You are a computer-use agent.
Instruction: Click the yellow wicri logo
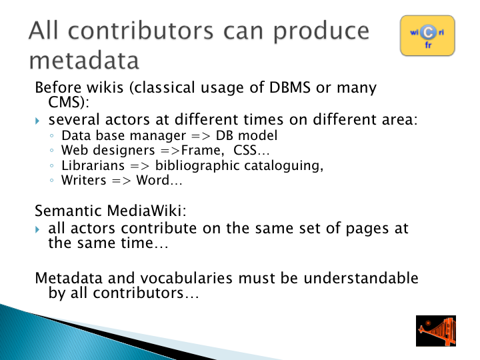click(x=427, y=35)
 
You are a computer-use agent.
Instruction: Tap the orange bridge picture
click(x=436, y=331)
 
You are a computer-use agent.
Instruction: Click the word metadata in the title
click(x=84, y=60)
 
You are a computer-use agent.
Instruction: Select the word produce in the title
click(x=321, y=32)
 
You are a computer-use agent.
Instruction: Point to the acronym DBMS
click(x=290, y=87)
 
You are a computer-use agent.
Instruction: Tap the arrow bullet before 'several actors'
click(x=37, y=121)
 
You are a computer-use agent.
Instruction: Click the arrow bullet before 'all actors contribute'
click(x=37, y=229)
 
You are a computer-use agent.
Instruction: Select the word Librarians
click(x=93, y=165)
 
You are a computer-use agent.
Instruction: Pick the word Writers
click(x=83, y=180)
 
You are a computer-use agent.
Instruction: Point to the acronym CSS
click(x=245, y=150)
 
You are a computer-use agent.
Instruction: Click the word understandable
click(x=361, y=278)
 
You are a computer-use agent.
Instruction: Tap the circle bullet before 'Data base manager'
click(x=51, y=135)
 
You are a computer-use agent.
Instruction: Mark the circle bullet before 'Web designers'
click(x=51, y=150)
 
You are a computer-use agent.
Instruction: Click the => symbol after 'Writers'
click(x=121, y=181)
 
